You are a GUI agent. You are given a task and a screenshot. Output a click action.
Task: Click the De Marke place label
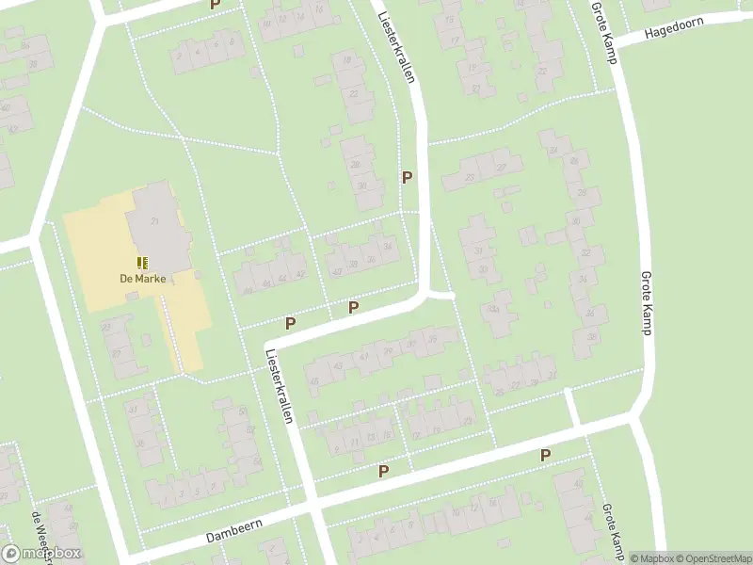[136, 278]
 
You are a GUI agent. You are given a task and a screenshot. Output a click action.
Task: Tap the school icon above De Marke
[142, 263]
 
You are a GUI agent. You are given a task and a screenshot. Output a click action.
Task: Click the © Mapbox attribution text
[651, 558]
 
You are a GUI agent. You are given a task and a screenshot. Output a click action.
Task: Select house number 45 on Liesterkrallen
[313, 380]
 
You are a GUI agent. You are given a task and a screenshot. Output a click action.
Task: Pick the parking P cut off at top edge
[215, 5]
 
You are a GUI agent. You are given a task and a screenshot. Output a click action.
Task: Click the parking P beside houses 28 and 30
[407, 177]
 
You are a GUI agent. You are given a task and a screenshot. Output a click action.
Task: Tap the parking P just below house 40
[353, 307]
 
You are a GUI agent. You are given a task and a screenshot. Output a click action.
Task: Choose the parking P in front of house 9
[383, 471]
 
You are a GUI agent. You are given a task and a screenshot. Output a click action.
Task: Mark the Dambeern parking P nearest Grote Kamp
[545, 456]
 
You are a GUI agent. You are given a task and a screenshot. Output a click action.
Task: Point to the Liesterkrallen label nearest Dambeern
[280, 386]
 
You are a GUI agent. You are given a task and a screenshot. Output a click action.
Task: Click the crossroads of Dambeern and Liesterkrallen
[312, 509]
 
